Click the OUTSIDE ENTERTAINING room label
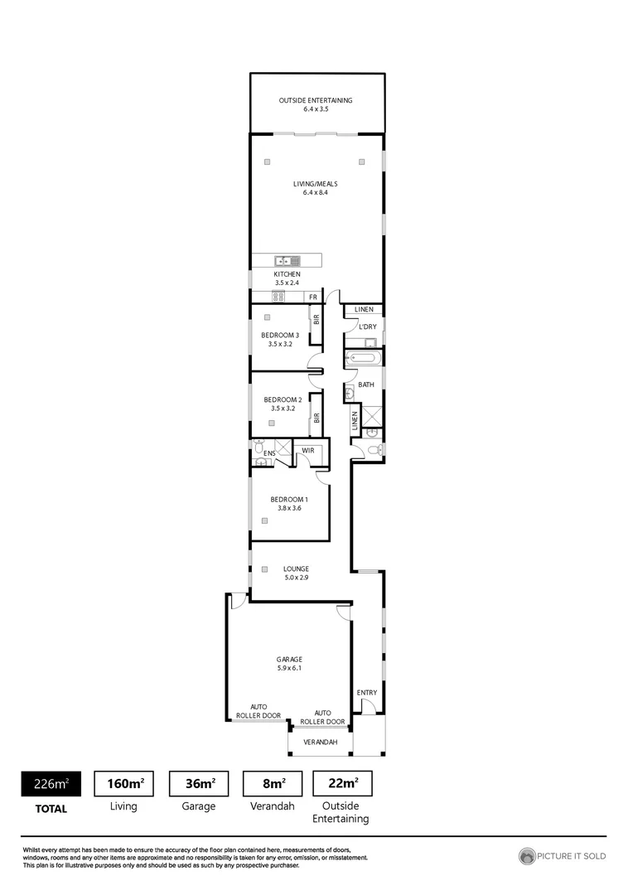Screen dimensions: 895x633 [x=315, y=100]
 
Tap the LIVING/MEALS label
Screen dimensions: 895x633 [x=315, y=184]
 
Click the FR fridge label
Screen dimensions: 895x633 [x=313, y=297]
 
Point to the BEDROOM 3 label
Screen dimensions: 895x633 [x=280, y=335]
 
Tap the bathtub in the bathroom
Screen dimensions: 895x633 [x=364, y=359]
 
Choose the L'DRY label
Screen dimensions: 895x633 [x=367, y=327]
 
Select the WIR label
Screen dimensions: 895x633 [x=307, y=451]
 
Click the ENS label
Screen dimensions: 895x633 [x=268, y=454]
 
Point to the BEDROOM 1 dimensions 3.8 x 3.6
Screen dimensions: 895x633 [x=289, y=508]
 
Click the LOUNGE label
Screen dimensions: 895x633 [x=296, y=568]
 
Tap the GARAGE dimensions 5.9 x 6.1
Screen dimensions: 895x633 [x=289, y=668]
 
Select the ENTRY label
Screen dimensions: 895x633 [x=366, y=692]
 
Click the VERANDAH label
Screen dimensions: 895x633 [x=320, y=742]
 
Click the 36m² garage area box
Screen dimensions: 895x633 [x=199, y=783]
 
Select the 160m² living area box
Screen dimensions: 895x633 [x=125, y=783]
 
